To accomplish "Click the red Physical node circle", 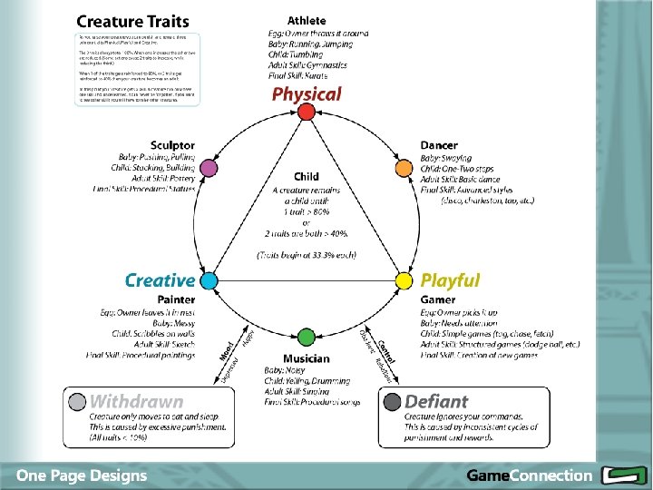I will tap(307, 112).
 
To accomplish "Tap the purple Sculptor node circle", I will tap(208, 168).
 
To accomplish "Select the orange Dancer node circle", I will tap(404, 168).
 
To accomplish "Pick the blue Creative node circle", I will tap(208, 281).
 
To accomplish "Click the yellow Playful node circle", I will tap(404, 281).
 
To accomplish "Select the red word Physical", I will tap(307, 93).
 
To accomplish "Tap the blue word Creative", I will tap(160, 281).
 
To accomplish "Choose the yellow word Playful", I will tap(450, 281).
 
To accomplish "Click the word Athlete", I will tap(307, 20).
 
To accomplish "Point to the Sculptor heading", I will tap(172, 145).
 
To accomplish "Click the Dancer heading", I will tap(439, 145).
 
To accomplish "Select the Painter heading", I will tap(176, 299).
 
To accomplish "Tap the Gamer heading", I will tap(438, 299).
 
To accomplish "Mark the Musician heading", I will tap(307, 359).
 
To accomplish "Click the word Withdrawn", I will tap(137, 400).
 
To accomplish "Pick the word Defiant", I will tap(437, 400).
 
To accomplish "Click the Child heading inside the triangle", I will tap(307, 176).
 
